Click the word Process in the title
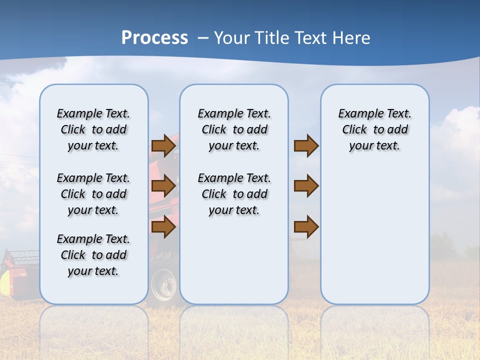tap(154, 38)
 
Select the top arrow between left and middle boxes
tap(163, 145)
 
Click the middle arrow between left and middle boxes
tap(163, 186)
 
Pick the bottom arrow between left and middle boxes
tap(163, 227)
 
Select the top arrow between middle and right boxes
tap(306, 145)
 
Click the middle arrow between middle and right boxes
tap(306, 186)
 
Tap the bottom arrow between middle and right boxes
tap(306, 227)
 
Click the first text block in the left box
tap(93, 129)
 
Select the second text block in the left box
tap(93, 194)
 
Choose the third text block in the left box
tap(93, 255)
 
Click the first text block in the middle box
tap(234, 129)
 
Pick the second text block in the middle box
tap(234, 194)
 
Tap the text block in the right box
tap(374, 129)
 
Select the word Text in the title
tap(310, 38)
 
